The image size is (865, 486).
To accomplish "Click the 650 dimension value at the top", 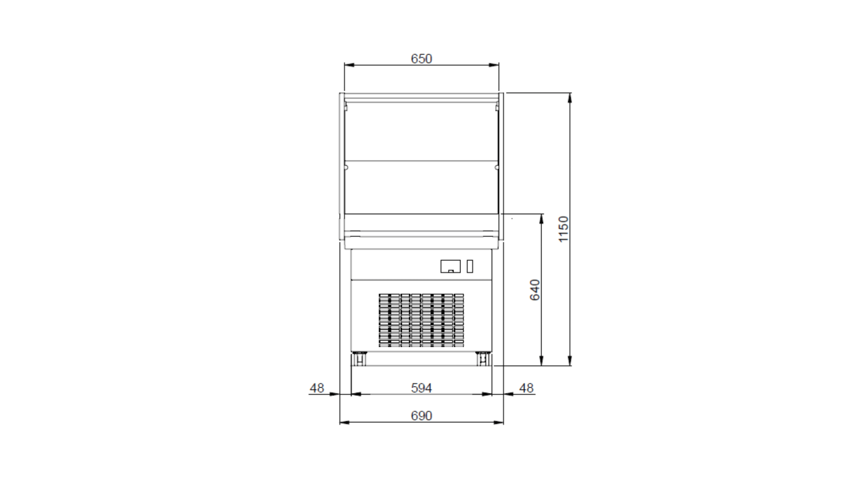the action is tap(421, 59).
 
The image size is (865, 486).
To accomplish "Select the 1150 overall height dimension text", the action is tap(563, 229).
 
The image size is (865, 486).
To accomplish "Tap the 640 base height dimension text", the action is tap(535, 290).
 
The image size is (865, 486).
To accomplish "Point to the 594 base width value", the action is tap(421, 388).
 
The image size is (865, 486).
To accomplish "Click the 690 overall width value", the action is tap(421, 416).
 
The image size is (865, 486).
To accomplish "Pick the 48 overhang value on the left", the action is tap(317, 388).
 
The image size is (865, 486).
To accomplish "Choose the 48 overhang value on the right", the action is tap(526, 388).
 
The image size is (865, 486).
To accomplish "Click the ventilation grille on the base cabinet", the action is tap(421, 320).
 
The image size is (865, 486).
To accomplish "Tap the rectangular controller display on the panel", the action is tap(450, 266).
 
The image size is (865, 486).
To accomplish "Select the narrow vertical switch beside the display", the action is tap(469, 266).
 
